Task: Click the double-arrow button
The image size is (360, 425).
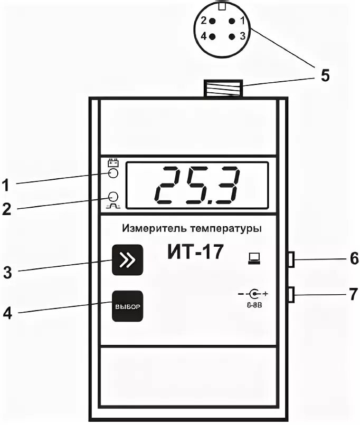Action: point(128,260)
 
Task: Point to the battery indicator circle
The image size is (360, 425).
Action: point(112,174)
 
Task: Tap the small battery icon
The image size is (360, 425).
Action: point(112,162)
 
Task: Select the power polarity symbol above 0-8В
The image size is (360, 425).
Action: point(255,293)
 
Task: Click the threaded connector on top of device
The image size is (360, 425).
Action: point(223,88)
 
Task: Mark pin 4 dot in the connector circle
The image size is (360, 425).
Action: point(212,36)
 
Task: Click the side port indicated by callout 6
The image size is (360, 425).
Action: point(291,259)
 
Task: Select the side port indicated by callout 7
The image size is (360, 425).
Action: point(291,294)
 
